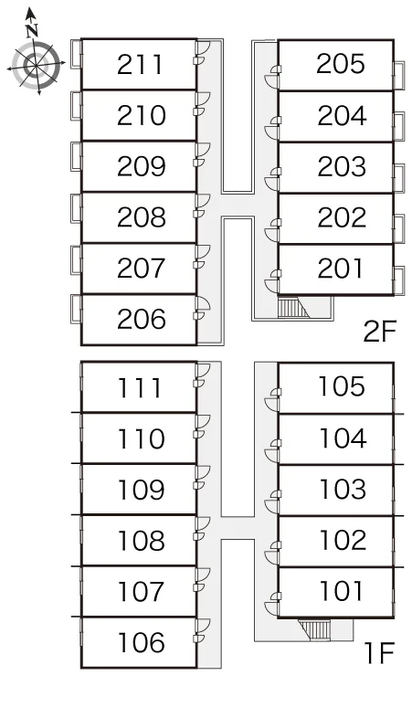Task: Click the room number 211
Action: (139, 65)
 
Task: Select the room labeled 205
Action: (341, 64)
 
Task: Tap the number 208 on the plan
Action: (141, 217)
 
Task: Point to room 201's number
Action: (341, 269)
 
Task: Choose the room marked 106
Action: (141, 642)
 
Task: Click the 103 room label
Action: (343, 490)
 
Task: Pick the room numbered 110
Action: (141, 438)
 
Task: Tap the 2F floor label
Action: (379, 332)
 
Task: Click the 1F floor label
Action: (379, 652)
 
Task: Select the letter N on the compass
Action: (31, 31)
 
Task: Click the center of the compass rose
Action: (36, 66)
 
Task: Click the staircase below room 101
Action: (314, 629)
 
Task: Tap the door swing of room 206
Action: (203, 307)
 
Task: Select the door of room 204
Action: (272, 127)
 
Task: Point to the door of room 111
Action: (203, 375)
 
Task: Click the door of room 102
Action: (272, 553)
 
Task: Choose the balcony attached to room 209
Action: (76, 156)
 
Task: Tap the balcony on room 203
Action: (399, 179)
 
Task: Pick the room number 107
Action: (140, 592)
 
